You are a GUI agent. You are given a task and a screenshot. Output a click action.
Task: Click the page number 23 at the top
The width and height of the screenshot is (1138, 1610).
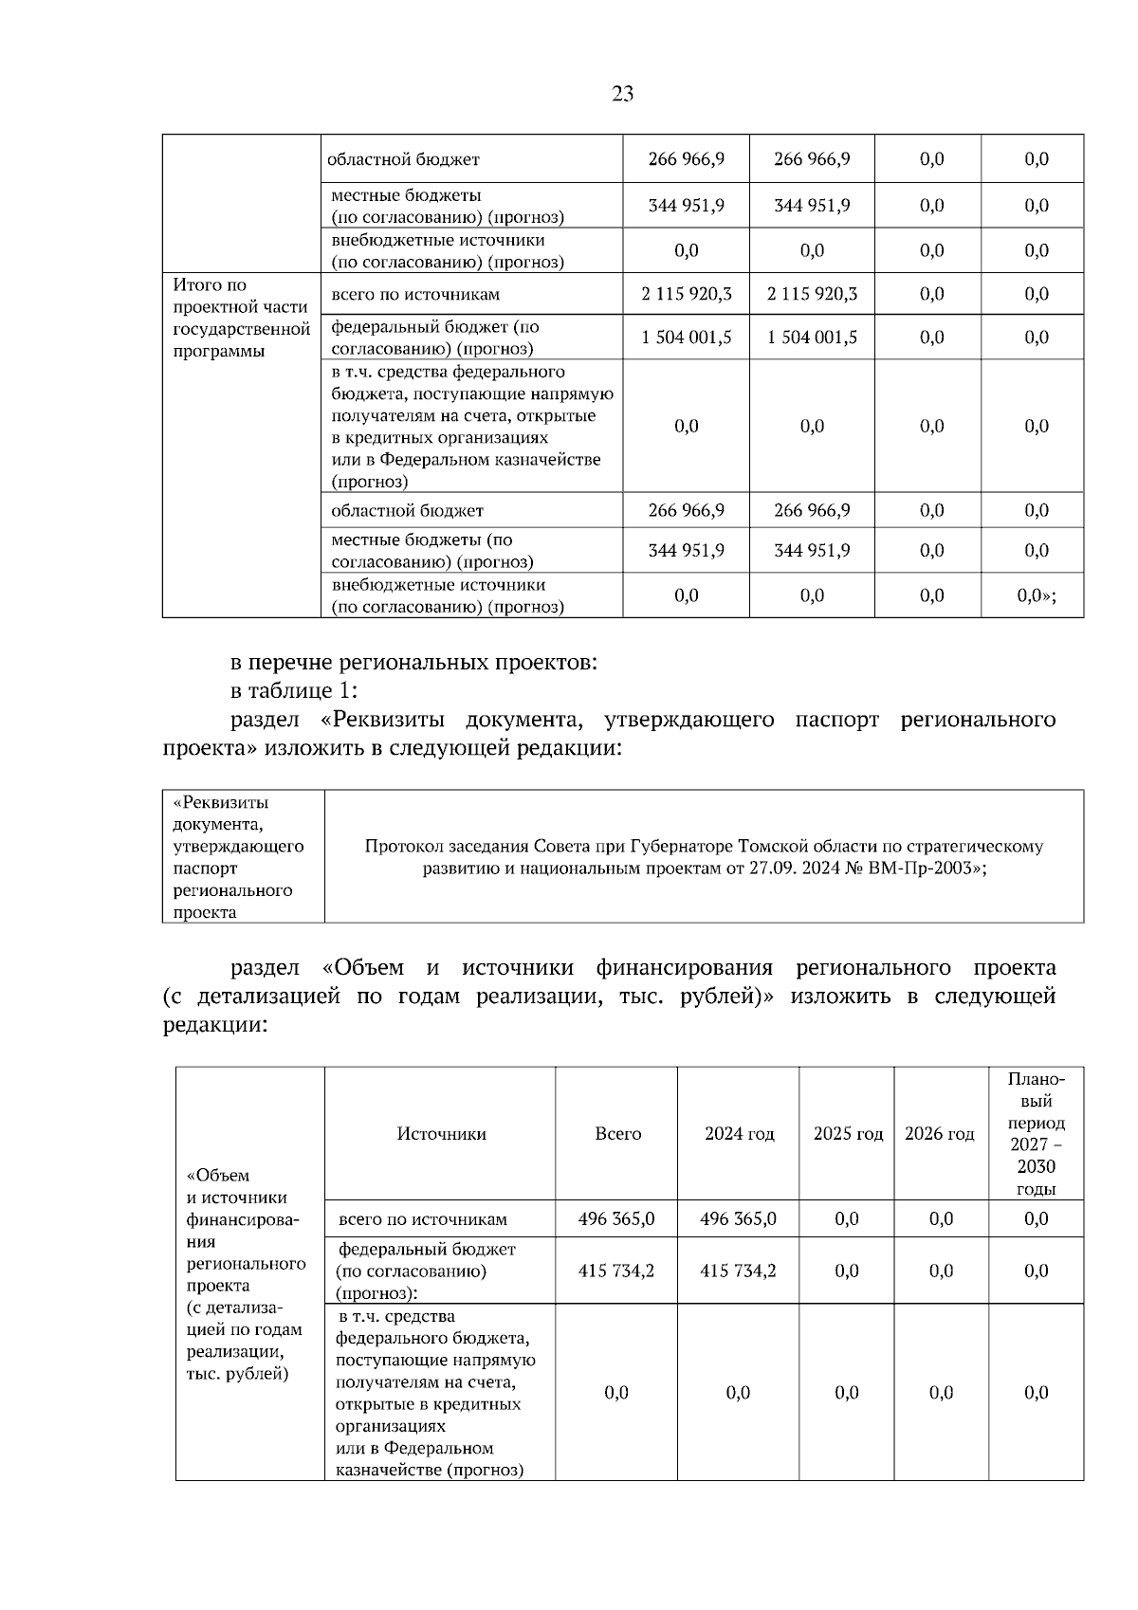(622, 94)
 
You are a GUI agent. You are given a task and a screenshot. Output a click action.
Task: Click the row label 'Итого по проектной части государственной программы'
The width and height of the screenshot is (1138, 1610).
(241, 318)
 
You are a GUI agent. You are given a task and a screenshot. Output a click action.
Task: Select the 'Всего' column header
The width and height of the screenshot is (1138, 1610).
(617, 1134)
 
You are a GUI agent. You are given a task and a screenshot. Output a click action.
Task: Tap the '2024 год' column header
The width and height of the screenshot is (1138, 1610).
(739, 1134)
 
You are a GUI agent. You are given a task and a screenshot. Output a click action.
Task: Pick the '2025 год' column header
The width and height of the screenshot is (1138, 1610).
(847, 1134)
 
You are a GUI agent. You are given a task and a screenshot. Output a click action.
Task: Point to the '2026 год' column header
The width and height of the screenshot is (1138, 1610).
(939, 1134)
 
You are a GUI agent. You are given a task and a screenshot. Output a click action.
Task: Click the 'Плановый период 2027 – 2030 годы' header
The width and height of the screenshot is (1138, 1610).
(1036, 1134)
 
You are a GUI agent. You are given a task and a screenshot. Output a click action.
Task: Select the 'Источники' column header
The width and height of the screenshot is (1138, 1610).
(441, 1134)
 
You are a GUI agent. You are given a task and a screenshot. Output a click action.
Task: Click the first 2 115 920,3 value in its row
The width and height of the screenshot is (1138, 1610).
(686, 294)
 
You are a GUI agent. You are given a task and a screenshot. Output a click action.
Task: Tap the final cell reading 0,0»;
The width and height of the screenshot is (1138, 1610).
(1036, 595)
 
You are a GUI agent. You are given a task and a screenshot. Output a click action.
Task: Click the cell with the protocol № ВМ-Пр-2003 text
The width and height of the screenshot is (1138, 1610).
(704, 856)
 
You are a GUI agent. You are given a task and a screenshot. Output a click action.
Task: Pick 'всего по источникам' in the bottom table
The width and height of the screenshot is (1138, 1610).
(423, 1219)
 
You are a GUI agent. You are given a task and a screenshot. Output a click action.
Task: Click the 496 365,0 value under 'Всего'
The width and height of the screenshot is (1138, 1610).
(615, 1219)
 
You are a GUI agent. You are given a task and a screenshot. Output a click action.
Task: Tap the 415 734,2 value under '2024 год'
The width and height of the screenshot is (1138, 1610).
(738, 1271)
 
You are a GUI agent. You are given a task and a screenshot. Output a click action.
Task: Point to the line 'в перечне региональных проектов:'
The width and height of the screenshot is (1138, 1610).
(413, 662)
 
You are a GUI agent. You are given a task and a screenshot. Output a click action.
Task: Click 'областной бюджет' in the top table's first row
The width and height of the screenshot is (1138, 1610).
(403, 159)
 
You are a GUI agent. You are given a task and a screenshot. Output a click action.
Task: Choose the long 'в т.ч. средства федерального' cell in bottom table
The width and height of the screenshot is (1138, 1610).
(436, 1393)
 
